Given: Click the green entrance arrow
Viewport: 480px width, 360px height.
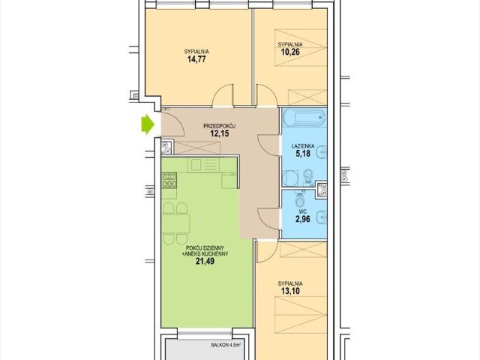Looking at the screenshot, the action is pos(148,124).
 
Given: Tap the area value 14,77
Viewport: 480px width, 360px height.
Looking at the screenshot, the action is pos(196,59).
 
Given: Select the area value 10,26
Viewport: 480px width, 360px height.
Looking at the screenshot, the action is pos(290,52).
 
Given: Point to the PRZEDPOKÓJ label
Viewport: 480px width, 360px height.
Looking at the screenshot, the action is pos(219,126).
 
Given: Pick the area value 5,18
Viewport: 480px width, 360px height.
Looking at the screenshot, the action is pos(303,153).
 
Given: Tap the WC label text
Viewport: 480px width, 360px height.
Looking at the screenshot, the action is pos(303,211).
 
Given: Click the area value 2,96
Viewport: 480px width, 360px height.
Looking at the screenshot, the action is pos(303,219).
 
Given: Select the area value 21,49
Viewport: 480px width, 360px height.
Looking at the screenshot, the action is pos(205,261).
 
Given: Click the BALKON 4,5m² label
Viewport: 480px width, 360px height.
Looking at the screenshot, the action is pos(226,345).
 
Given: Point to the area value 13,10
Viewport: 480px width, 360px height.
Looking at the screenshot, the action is pos(290,291).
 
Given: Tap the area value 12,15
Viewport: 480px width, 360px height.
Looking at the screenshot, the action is pos(220,133).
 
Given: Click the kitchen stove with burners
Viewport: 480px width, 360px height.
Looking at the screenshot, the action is pos(169,180).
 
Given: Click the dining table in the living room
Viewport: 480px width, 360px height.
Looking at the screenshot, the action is pos(175,223).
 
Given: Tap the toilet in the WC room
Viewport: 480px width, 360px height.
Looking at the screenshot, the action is pos(300,199).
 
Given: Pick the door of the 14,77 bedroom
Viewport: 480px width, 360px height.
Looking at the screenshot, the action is pos(223,95).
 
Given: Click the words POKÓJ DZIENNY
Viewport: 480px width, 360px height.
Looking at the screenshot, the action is pos(205,248).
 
